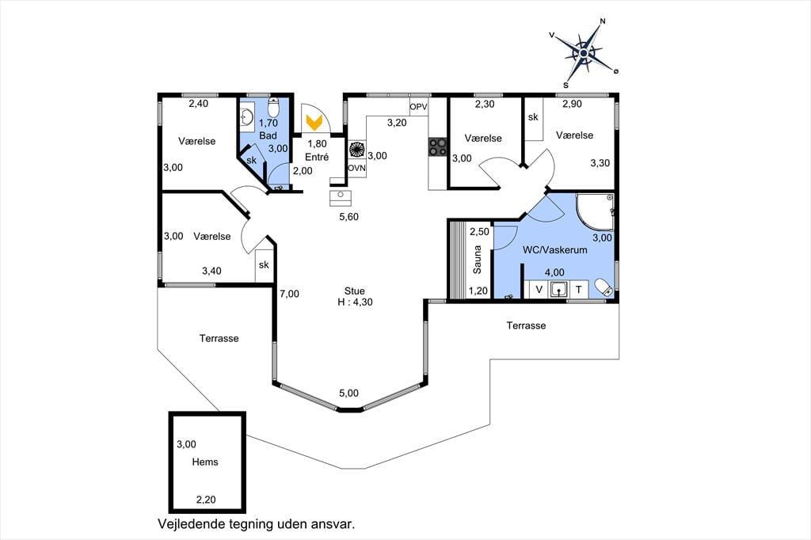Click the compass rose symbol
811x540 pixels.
coord(584,53)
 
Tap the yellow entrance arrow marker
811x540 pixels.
coord(314,123)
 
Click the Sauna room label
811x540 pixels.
coord(477,260)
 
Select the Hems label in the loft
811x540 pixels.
coord(205,462)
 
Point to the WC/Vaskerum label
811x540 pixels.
coord(555,250)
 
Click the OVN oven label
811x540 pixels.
coord(356,168)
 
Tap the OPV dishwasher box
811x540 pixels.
coord(418,107)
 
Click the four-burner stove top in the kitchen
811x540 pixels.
coord(437,147)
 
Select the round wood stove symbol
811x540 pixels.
coord(357,150)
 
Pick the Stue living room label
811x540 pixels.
coord(355,291)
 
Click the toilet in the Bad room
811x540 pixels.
coord(273,107)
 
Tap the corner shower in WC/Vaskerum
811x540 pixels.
coord(596,212)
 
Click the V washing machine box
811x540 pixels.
coord(539,290)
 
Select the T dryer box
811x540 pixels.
coord(579,290)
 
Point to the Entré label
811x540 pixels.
coord(317,158)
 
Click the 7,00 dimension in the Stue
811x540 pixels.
coord(290,294)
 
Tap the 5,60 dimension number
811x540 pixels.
coord(349,217)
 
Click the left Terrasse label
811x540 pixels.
coord(219,338)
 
